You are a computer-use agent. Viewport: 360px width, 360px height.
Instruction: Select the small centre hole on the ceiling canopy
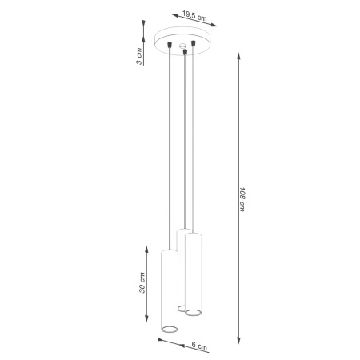182,46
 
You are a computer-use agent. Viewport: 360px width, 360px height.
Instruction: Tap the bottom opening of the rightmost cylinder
193,312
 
